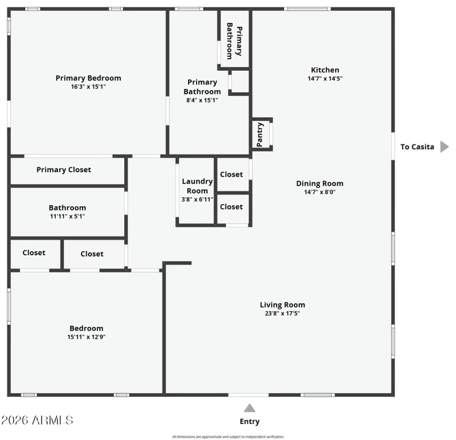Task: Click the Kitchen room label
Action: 325,70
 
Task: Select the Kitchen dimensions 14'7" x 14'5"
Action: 325,79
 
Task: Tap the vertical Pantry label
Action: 260,135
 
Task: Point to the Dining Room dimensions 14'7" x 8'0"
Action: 320,192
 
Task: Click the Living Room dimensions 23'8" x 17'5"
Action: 283,313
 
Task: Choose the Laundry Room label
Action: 197,186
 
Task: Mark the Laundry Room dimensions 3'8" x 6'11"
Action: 197,199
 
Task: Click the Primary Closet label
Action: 64,170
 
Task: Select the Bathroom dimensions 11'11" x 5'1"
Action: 67,217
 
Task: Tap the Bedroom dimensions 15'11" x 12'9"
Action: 87,337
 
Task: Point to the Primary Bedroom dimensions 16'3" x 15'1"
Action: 88,87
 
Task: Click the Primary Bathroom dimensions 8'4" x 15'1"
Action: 202,100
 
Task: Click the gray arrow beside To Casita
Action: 445,147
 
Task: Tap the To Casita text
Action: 417,147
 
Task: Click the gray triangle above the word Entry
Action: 250,408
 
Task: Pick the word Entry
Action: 250,422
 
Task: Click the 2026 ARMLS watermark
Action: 37,421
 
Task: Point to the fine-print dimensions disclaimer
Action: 227,437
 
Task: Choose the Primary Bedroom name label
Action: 88,78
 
